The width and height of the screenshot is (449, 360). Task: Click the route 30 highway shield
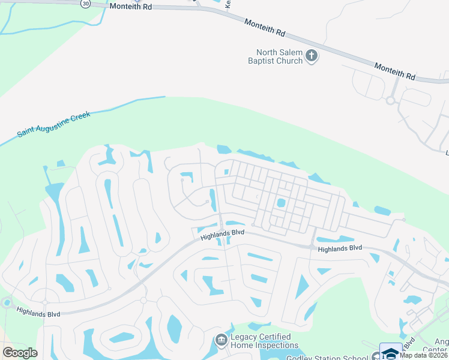[86, 4]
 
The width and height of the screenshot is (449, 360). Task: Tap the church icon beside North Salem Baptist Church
[312, 56]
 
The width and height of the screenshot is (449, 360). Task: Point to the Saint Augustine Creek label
[53, 124]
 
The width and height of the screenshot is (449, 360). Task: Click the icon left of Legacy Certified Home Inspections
[221, 341]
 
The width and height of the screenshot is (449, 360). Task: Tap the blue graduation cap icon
[391, 352]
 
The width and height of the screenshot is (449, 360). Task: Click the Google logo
[20, 353]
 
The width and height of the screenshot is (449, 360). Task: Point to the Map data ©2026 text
[424, 355]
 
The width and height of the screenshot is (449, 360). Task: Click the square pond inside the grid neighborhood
[280, 203]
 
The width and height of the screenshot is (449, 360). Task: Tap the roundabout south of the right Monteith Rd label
[390, 100]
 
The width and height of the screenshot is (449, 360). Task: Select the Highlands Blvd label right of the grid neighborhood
[340, 248]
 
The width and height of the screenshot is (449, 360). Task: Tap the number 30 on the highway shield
[86, 4]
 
